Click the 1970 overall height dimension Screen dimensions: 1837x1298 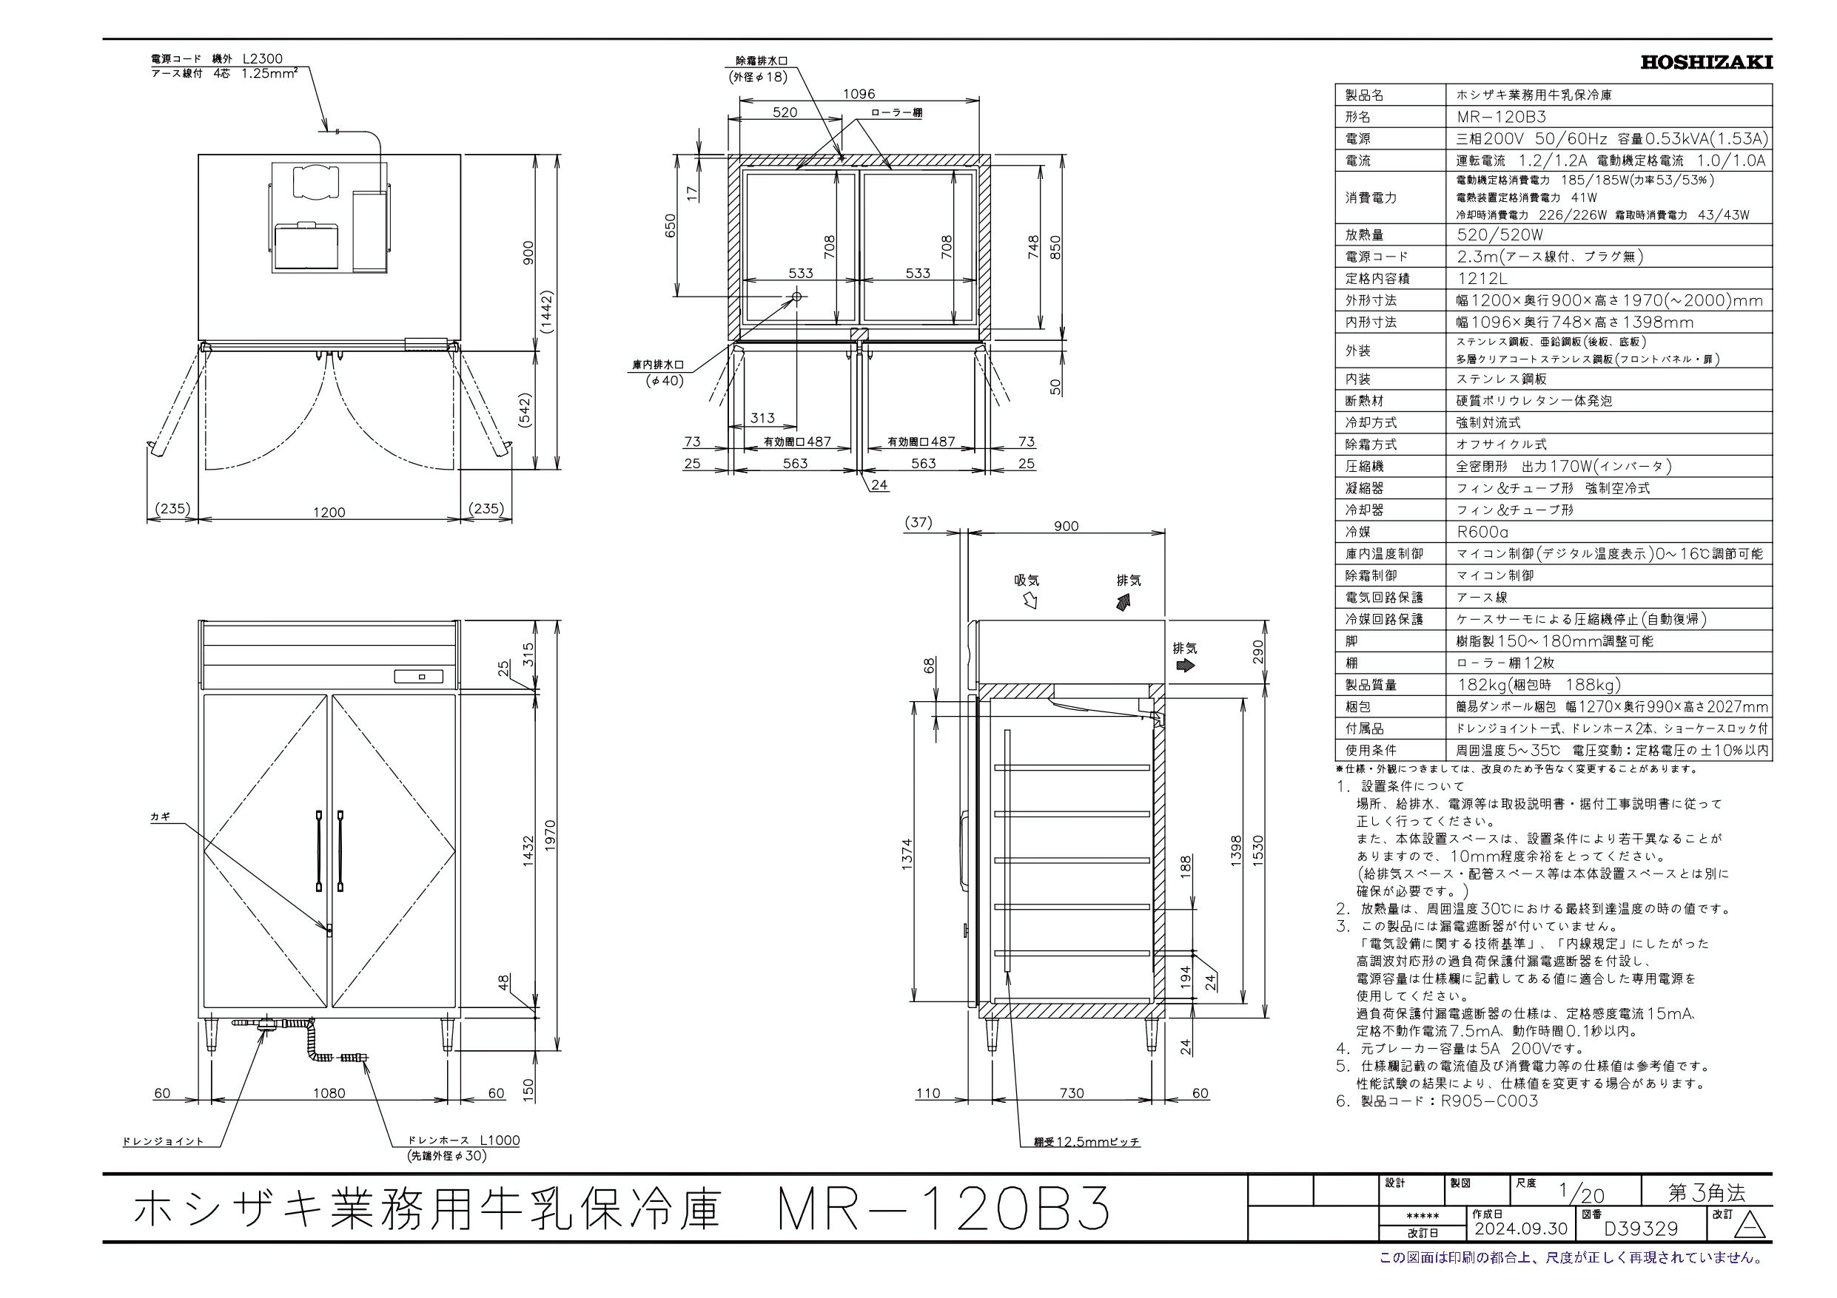(x=549, y=836)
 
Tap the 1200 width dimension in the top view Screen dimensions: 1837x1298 (x=329, y=512)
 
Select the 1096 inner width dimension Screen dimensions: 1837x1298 (x=859, y=94)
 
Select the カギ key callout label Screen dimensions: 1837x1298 (x=160, y=817)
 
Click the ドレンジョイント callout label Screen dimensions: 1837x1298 (x=164, y=1141)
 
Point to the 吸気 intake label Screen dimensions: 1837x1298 (x=1027, y=581)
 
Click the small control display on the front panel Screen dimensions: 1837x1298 (x=418, y=677)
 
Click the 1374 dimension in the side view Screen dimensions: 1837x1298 (x=907, y=854)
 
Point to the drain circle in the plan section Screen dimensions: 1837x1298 (x=797, y=297)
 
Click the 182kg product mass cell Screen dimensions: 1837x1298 (x=1538, y=685)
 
